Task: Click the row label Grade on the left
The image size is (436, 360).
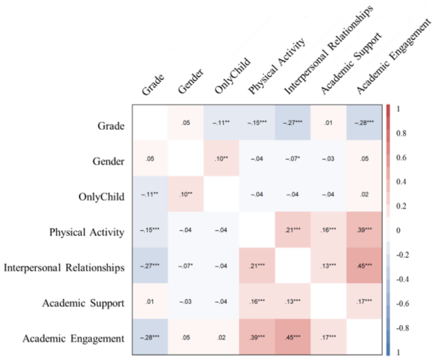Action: pos(111,126)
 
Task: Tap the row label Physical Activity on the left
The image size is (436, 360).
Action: pos(87,232)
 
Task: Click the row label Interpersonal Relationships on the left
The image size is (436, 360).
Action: pos(64,268)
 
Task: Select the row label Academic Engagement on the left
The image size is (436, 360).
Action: pos(73,338)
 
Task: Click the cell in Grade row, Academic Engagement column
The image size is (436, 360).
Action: pos(364,123)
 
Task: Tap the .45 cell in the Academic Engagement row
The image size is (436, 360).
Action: pos(293,337)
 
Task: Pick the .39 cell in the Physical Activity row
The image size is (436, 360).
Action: pos(364,230)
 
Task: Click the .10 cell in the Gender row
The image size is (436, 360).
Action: pos(221,159)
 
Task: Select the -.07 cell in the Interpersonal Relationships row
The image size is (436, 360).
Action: pos(185,266)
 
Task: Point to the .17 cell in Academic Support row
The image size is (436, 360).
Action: pos(364,301)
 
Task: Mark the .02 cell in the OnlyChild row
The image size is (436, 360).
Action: pos(364,195)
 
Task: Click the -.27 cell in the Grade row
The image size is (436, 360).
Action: pos(293,123)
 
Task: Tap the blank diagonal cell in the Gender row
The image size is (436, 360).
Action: pos(185,158)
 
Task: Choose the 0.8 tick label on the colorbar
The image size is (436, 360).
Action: pos(401,133)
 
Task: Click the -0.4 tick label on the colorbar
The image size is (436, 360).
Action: pos(402,279)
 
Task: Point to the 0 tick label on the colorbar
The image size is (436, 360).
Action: pos(398,230)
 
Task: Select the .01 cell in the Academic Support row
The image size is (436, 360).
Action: pos(150,301)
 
